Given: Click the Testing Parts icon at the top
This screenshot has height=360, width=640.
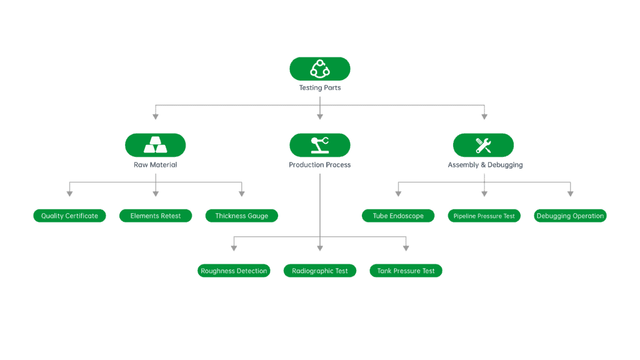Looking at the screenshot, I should [320, 69].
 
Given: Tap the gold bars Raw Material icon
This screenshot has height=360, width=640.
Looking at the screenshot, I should [156, 145].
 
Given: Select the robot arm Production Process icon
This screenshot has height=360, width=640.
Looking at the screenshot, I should [320, 145].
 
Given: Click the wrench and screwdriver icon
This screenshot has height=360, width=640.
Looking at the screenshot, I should [483, 145].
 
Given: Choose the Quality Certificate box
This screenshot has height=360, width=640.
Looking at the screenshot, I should [69, 216].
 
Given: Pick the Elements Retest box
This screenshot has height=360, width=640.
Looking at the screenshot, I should [156, 216].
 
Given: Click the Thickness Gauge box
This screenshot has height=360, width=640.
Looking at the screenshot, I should [242, 216].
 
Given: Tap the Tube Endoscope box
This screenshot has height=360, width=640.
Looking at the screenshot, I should [398, 216].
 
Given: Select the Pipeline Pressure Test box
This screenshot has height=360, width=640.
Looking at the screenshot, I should [484, 216].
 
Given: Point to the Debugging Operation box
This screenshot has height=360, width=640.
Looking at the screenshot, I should [570, 216].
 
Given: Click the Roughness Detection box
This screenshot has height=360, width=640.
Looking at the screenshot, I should [234, 271].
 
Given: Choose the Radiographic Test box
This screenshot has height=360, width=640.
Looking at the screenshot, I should [320, 271].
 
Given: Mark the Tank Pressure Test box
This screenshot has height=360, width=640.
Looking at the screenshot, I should [406, 271].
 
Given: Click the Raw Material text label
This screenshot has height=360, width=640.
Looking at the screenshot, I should [156, 165].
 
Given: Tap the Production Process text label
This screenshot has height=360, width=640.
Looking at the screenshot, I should [320, 165].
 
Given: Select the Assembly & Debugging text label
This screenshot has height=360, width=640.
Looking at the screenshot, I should [485, 165].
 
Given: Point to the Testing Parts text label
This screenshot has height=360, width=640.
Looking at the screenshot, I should [320, 88].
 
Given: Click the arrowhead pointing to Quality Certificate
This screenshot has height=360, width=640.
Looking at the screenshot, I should [69, 194].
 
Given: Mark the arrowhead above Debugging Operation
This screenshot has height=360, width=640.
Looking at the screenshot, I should [570, 194].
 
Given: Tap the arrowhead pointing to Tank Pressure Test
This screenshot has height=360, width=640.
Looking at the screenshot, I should [406, 248].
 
